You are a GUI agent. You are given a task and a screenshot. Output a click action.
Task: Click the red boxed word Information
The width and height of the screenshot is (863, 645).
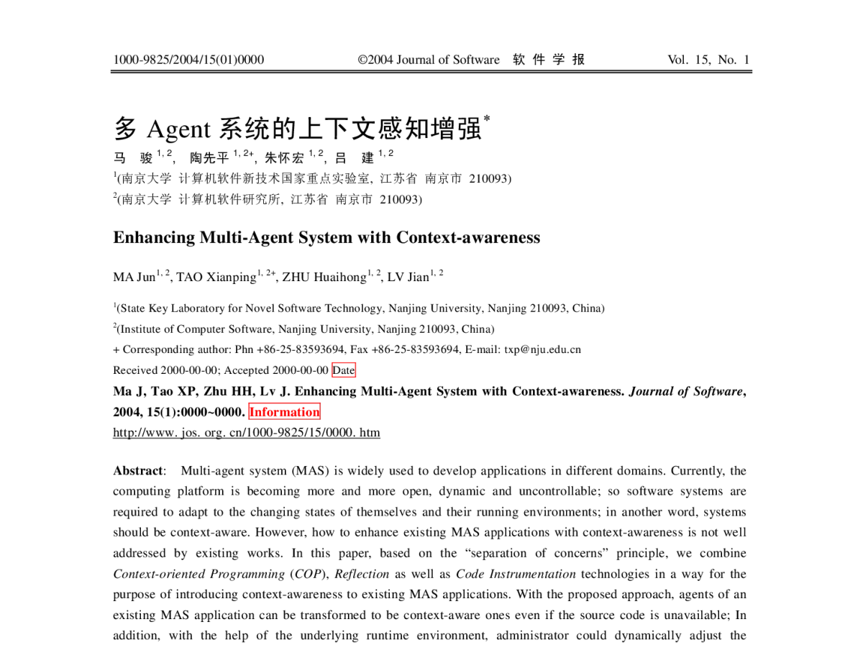click(284, 411)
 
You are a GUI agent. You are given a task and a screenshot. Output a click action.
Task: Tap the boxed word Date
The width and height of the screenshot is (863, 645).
click(344, 370)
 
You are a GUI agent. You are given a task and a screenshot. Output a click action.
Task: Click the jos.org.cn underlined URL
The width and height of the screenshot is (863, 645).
click(247, 432)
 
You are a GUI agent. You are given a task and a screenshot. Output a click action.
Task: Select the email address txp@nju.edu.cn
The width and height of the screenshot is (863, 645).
click(542, 349)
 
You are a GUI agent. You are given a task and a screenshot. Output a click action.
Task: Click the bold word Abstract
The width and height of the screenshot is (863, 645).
click(137, 470)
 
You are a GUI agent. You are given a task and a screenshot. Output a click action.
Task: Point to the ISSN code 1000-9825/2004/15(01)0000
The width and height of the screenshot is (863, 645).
click(188, 60)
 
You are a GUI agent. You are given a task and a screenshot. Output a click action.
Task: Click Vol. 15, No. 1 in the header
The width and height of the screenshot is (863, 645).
click(708, 60)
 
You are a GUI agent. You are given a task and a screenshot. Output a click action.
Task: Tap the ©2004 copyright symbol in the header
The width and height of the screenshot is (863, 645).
click(362, 60)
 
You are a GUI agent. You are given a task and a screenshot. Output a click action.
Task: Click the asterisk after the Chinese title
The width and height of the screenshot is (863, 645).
click(487, 118)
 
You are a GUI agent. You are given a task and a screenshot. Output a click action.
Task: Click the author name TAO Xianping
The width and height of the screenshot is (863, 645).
click(216, 277)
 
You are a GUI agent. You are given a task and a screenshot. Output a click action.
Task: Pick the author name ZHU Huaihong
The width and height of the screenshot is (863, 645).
click(324, 277)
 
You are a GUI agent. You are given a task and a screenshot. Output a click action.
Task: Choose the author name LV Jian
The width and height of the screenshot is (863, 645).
click(408, 277)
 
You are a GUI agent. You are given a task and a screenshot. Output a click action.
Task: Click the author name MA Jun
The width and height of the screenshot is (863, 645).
click(134, 277)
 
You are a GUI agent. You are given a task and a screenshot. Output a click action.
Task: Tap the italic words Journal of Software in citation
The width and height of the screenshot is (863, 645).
click(686, 391)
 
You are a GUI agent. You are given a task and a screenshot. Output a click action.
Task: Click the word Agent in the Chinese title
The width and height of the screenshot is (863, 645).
click(178, 129)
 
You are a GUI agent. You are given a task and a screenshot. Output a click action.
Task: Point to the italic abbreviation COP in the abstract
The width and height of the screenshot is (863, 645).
click(308, 574)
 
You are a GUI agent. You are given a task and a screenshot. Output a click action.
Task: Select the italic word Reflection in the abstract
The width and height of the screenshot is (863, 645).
click(362, 574)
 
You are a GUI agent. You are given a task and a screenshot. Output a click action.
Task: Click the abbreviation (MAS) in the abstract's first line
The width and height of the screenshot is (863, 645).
click(310, 470)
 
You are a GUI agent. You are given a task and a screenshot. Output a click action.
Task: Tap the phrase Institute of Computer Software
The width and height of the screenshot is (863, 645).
click(196, 329)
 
